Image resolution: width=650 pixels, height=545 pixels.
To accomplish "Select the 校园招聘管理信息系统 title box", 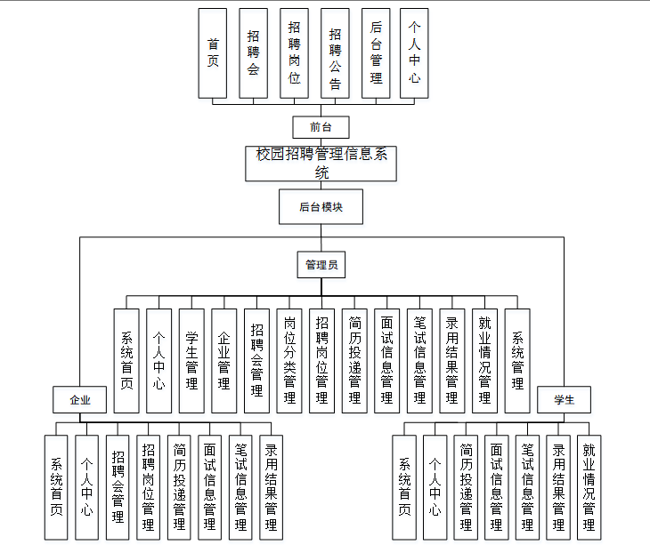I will coord(321,164).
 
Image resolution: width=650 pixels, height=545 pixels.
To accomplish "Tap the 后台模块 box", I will coord(321,206).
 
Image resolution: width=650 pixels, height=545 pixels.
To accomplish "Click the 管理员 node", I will coord(321,265).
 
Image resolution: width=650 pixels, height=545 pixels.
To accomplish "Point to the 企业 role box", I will coord(81,400).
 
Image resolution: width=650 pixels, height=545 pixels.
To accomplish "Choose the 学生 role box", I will coord(564,400).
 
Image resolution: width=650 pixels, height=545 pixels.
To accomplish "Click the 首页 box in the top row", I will coord(213,53).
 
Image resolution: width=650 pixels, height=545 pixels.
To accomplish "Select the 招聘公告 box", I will coord(335,53).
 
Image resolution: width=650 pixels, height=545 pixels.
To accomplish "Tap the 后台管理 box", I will coord(376,53).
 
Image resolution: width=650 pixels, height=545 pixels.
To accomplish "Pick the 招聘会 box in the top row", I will coord(254,53).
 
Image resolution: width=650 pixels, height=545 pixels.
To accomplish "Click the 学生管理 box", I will coord(191,360).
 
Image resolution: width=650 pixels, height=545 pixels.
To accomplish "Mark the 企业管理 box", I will coord(224,360).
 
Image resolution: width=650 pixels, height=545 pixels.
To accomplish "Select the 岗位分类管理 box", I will coord(289,360).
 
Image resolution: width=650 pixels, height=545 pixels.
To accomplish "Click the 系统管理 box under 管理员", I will coord(517,360).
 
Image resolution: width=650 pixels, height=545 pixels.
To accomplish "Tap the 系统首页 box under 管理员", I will coord(126,360).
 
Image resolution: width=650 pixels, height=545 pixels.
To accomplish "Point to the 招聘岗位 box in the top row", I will coord(295,53).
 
